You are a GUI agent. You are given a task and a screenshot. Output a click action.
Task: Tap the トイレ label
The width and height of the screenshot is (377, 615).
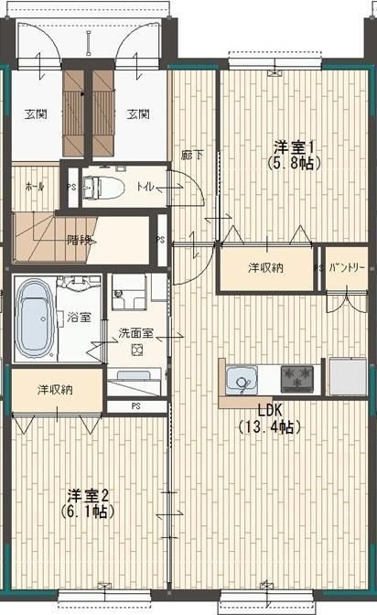(x=145, y=187)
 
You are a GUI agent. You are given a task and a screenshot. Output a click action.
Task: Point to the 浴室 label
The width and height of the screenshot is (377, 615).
(x=79, y=318)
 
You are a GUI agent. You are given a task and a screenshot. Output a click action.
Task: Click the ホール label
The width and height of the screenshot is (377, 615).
(x=34, y=187)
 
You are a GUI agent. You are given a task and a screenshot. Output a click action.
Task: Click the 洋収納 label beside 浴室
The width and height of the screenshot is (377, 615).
(x=55, y=390)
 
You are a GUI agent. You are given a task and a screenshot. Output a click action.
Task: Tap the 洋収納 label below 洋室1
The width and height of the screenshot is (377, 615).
(x=265, y=268)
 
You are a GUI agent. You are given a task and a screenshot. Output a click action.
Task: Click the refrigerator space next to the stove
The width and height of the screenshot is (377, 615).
(x=348, y=376)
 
